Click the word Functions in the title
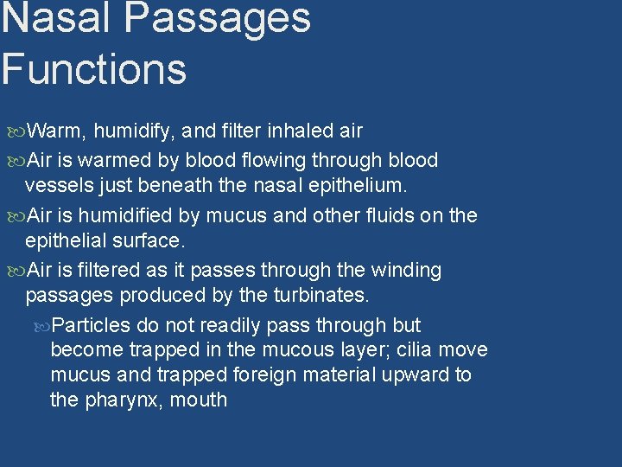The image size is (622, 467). (93, 68)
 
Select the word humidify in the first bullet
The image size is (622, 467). (134, 131)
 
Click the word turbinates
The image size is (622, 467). (321, 295)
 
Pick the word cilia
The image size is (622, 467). (416, 350)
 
